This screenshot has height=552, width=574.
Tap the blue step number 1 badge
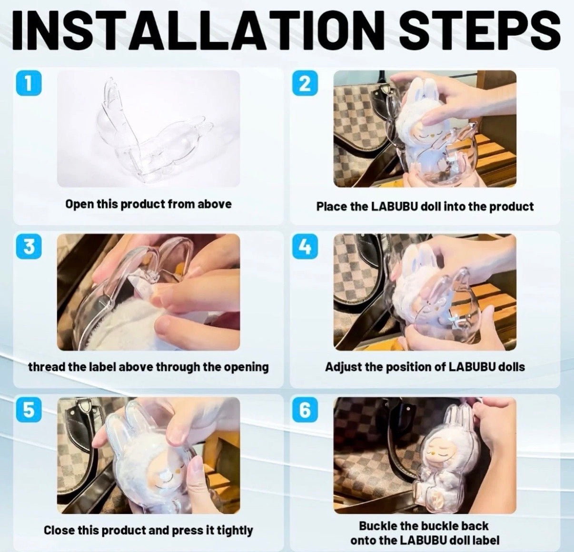tap(29, 83)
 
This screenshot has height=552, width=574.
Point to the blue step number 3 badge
tap(29, 247)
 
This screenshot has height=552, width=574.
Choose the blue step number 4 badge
tap(305, 247)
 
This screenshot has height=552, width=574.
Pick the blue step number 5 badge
tap(29, 410)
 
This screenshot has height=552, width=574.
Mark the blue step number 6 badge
tap(305, 410)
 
